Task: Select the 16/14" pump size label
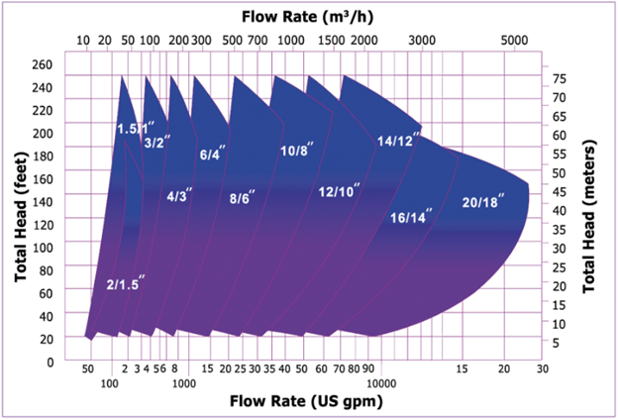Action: pyautogui.click(x=409, y=217)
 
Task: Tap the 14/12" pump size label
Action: pyautogui.click(x=398, y=141)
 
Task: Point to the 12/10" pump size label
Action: pyautogui.click(x=340, y=190)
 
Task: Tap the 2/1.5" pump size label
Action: pyautogui.click(x=127, y=284)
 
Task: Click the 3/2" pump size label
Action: pyautogui.click(x=155, y=143)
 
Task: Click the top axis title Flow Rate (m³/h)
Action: pyautogui.click(x=308, y=15)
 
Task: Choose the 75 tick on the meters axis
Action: pyautogui.click(x=560, y=77)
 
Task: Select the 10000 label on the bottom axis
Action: pyautogui.click(x=381, y=381)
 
